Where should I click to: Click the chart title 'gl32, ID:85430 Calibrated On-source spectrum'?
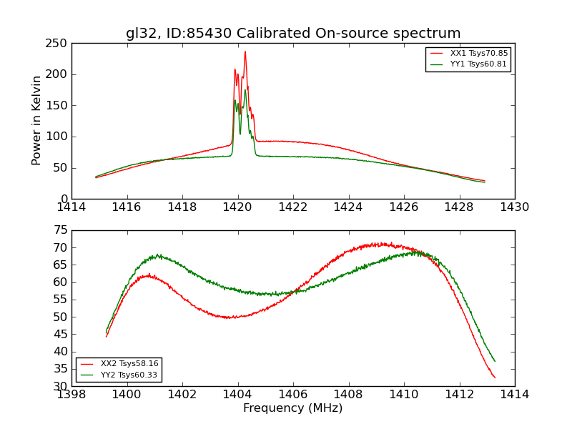click(293, 34)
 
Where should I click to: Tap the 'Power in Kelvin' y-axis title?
click(37, 120)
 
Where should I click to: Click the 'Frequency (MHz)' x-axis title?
click(293, 408)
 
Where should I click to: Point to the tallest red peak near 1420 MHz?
click(245, 51)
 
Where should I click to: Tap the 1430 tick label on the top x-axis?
click(515, 207)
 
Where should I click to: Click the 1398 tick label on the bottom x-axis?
click(71, 395)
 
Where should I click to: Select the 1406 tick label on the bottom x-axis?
click(293, 395)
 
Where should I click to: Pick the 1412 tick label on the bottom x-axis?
click(459, 395)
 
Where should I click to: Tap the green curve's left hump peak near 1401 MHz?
click(157, 255)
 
